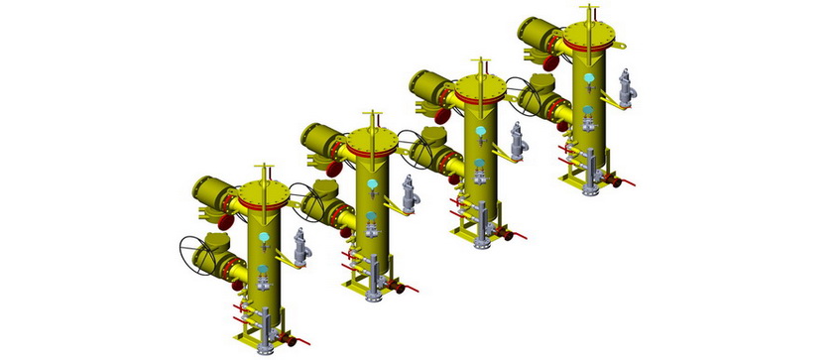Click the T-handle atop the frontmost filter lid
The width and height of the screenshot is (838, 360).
coord(263,172)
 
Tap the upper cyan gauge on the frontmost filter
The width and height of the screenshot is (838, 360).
coord(263,240)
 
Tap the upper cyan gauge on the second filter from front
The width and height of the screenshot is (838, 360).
coord(372,184)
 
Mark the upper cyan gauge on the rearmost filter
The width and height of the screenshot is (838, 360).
coord(589,78)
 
